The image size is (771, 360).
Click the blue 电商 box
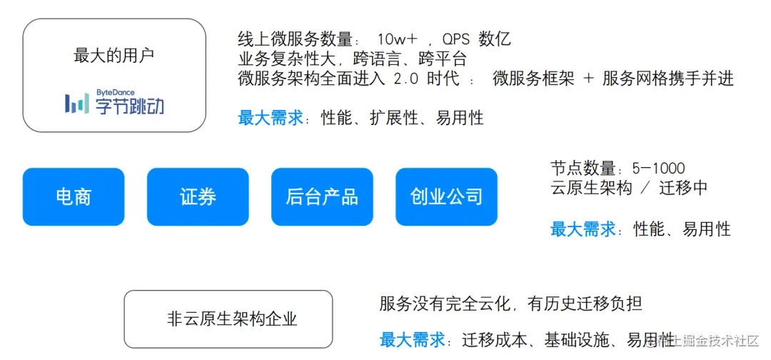[x=74, y=196]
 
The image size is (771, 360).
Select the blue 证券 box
[x=198, y=196]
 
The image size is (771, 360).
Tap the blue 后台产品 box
[x=322, y=196]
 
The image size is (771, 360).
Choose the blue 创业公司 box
[x=446, y=196]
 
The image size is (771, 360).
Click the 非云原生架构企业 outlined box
[x=228, y=319]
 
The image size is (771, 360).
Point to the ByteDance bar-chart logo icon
[x=78, y=104]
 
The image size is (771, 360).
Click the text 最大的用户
[x=114, y=55]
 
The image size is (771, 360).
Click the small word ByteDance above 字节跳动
[x=115, y=93]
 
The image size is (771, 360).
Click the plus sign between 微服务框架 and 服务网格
[x=588, y=79]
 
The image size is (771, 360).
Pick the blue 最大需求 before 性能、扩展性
[x=270, y=118]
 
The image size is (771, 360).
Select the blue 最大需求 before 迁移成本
[x=412, y=339]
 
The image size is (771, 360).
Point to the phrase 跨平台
[x=443, y=59]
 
